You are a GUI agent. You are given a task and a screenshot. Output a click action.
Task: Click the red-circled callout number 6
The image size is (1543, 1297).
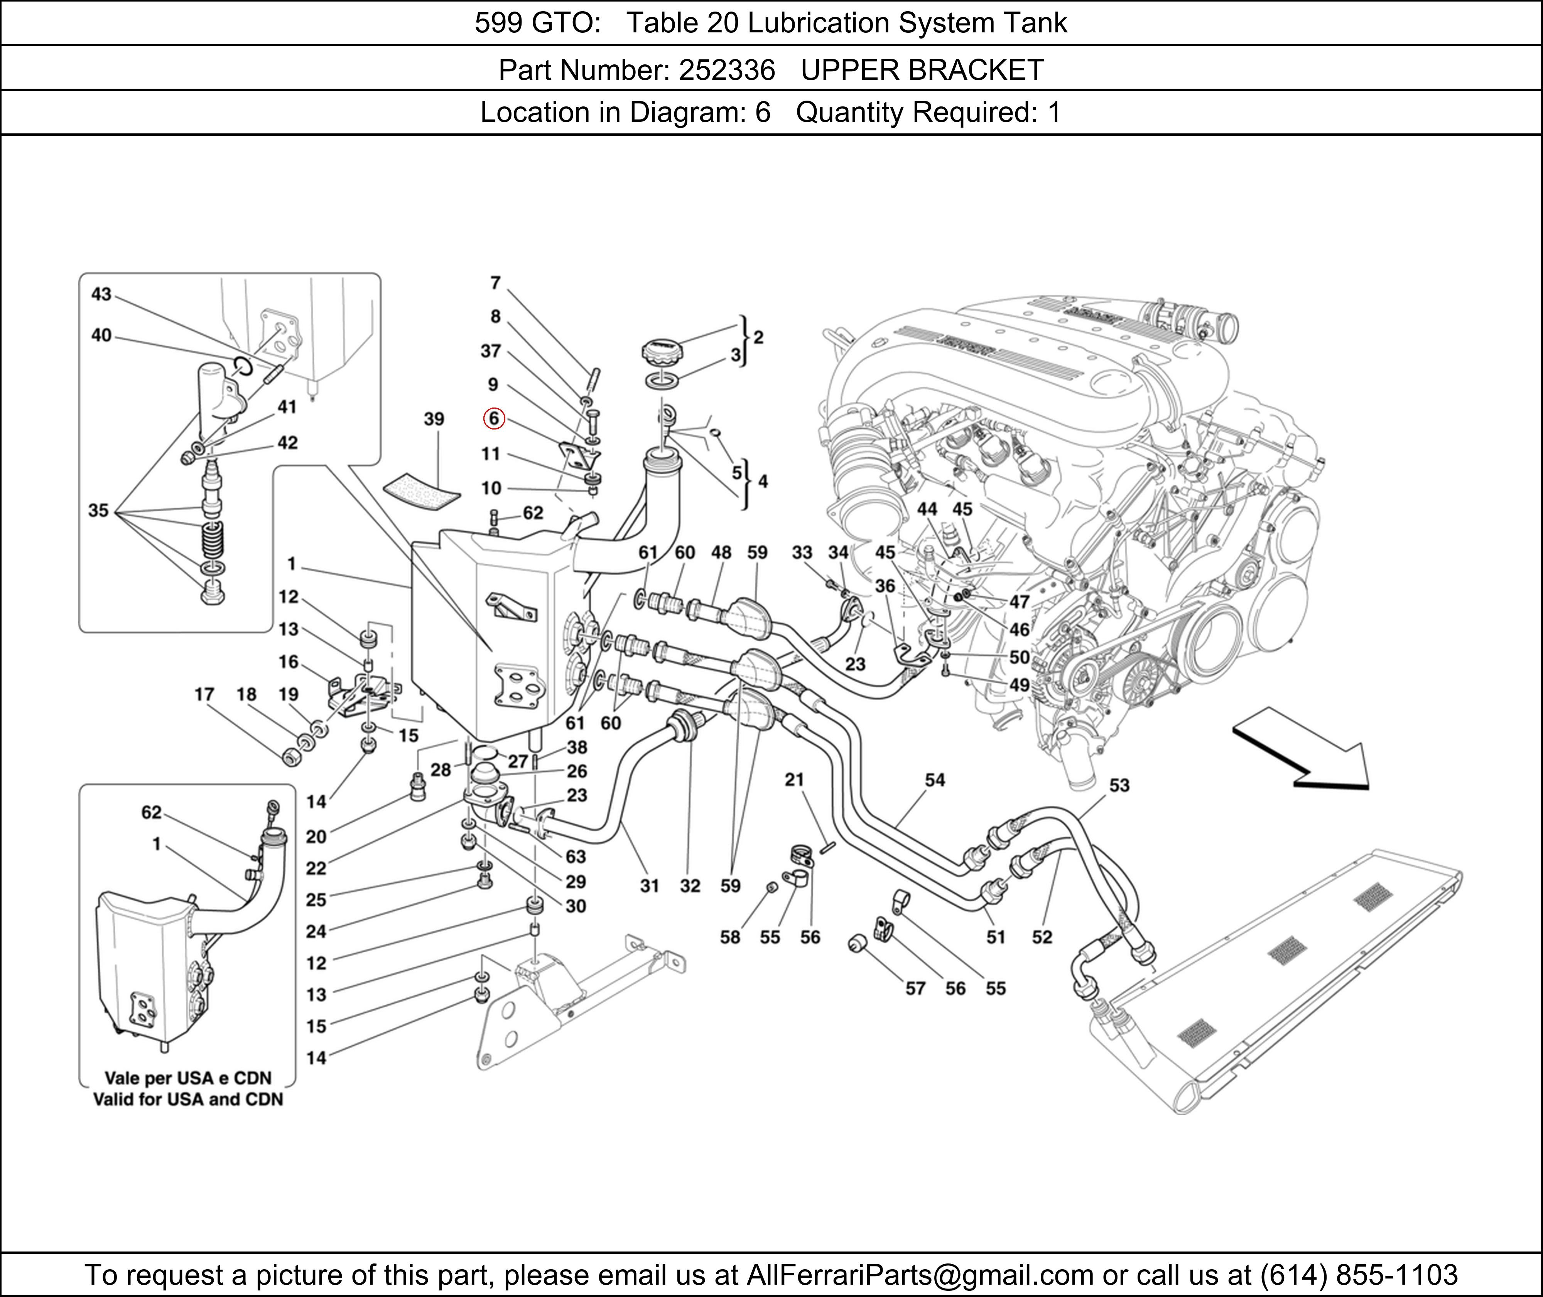point(493,418)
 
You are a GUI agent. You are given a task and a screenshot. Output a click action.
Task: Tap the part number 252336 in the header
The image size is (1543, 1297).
point(727,70)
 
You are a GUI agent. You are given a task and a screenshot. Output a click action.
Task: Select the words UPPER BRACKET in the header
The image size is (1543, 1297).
point(922,70)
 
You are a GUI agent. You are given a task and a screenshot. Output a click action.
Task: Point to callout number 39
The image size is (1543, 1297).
point(434,418)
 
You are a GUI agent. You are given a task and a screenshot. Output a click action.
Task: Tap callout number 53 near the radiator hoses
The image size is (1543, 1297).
point(1119,785)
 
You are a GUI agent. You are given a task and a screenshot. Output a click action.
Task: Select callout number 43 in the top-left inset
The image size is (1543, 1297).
point(101,294)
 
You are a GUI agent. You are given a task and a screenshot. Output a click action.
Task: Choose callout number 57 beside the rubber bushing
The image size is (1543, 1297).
point(915,988)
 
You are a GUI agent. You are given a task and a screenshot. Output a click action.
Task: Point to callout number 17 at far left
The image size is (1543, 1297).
point(204,694)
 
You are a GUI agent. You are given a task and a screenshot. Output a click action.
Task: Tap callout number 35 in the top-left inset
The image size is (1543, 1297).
point(98,510)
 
